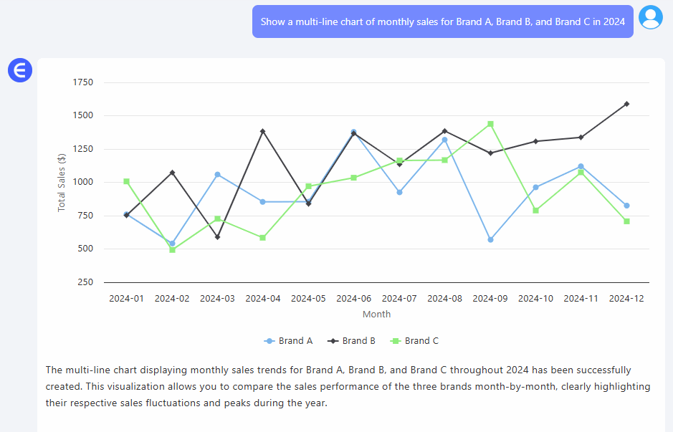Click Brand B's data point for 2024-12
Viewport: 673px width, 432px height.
[626, 104]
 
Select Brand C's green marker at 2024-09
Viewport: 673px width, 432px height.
[490, 124]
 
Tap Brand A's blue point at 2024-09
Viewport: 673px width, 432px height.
[490, 239]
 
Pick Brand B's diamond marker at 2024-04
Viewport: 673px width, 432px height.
[263, 131]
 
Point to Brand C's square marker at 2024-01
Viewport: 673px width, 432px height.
[126, 181]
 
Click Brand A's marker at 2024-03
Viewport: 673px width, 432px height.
[217, 175]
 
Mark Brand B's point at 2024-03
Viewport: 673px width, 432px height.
[217, 237]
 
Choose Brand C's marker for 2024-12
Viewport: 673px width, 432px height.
[626, 221]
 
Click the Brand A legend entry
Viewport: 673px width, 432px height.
[288, 341]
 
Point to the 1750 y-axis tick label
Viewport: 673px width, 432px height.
[83, 82]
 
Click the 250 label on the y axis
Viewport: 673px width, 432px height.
[86, 282]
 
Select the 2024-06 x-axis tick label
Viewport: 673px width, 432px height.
[354, 299]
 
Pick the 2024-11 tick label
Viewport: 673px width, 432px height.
[581, 299]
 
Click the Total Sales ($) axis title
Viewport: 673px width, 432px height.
[62, 182]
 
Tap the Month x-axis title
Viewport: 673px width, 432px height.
[376, 315]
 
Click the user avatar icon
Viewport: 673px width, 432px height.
[651, 17]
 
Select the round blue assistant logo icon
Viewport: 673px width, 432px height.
[20, 70]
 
